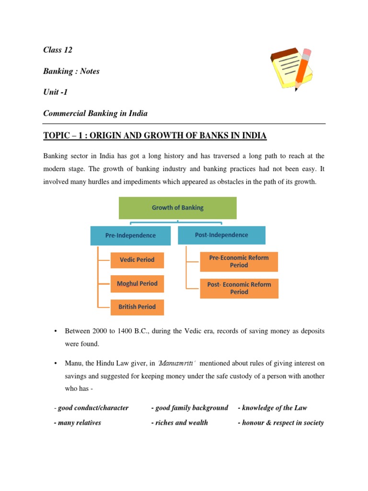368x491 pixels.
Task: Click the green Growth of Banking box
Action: [x=178, y=208]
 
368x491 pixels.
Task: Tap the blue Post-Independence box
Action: [x=221, y=235]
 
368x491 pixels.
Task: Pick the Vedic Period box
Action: [x=137, y=260]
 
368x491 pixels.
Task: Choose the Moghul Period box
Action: [x=137, y=283]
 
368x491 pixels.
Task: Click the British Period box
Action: [x=137, y=307]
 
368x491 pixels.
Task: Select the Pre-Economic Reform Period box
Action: [x=239, y=261]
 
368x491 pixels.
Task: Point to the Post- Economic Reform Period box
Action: [x=239, y=288]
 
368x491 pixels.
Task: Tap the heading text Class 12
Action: [x=57, y=50]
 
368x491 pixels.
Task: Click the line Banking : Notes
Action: [x=71, y=71]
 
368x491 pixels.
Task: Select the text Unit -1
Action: [x=56, y=92]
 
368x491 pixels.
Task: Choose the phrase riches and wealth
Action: [x=181, y=423]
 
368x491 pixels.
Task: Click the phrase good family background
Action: [x=191, y=408]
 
